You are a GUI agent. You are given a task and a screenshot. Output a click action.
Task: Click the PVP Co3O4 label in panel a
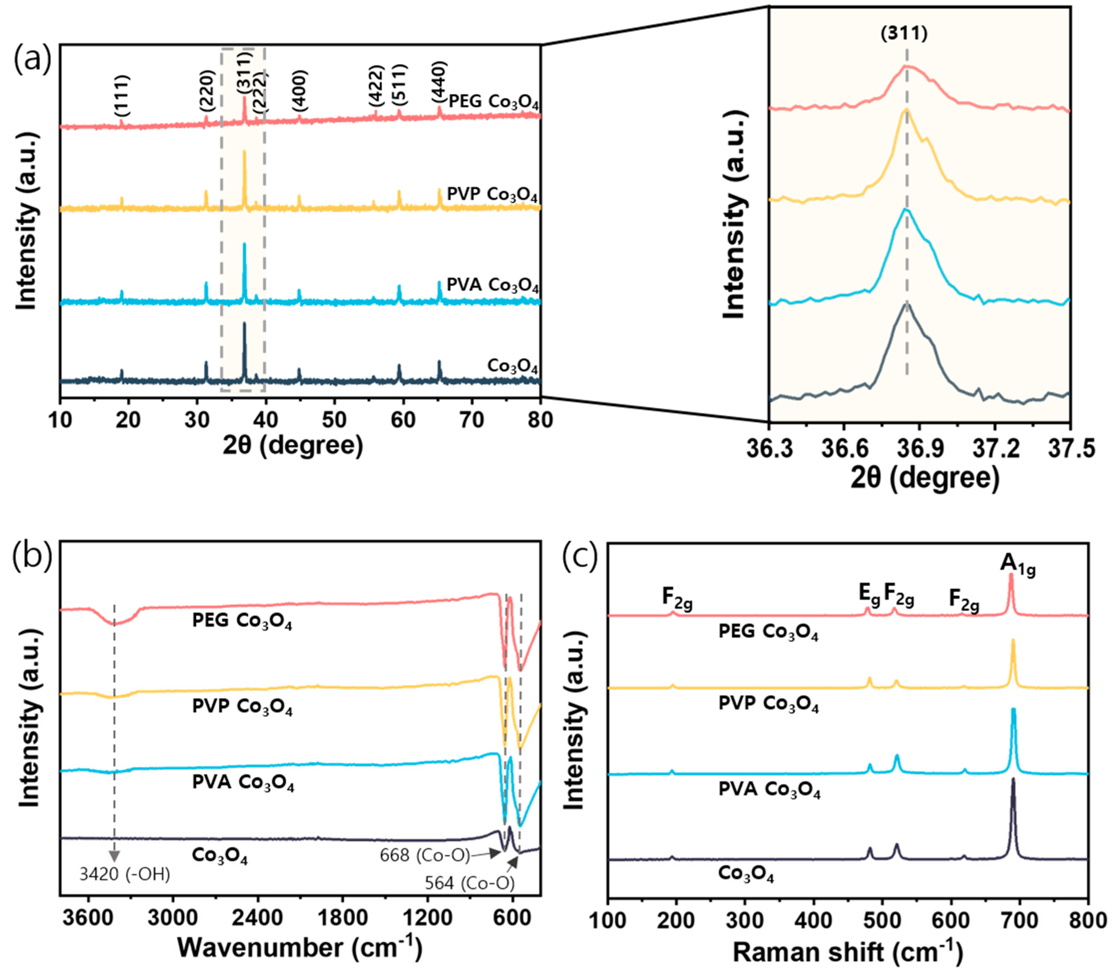coord(492,195)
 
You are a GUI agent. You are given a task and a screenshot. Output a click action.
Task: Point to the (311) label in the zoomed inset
coord(904,34)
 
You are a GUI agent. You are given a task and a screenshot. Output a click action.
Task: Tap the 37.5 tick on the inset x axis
coord(1069,450)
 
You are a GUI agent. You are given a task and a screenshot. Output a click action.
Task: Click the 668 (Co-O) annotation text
coord(424,856)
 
